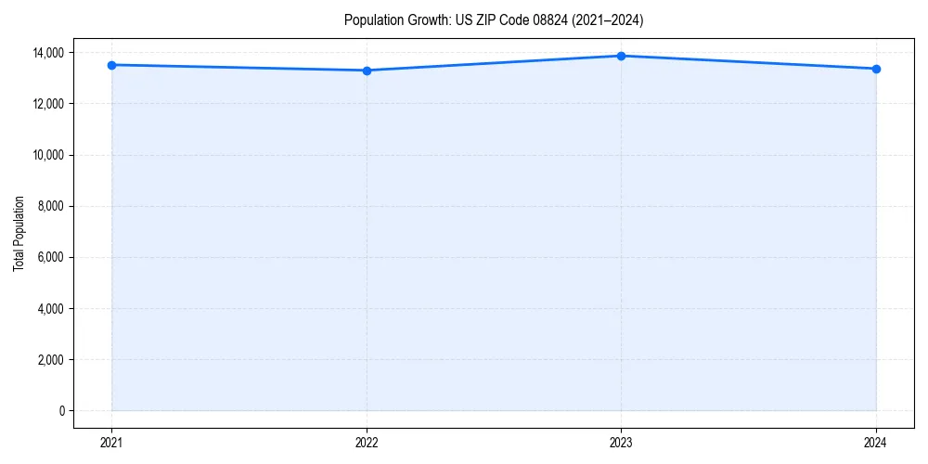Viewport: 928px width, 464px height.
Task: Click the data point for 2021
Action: pos(111,65)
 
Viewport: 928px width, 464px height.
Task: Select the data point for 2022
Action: pos(367,71)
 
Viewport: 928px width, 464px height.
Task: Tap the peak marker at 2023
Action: pos(621,56)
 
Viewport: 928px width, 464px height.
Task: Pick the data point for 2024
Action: pos(876,69)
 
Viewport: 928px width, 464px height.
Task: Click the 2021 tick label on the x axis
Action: pos(111,443)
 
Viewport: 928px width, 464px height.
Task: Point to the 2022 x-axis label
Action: pos(367,443)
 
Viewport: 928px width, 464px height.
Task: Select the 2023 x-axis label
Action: pos(621,443)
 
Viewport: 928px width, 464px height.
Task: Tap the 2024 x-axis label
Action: pos(876,443)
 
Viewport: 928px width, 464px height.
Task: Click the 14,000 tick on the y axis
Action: pos(47,53)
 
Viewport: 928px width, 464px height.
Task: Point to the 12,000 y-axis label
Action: pos(47,104)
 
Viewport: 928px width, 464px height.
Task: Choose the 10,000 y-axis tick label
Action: pos(47,155)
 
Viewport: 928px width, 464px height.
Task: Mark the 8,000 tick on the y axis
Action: pos(50,206)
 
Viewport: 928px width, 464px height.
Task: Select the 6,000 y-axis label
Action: pos(50,257)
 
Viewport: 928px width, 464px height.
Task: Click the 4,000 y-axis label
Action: pos(50,308)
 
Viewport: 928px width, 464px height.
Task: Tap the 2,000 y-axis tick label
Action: pos(50,360)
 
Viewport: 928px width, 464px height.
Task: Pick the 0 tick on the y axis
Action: pos(62,411)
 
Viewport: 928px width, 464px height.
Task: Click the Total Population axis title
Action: pos(19,233)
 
